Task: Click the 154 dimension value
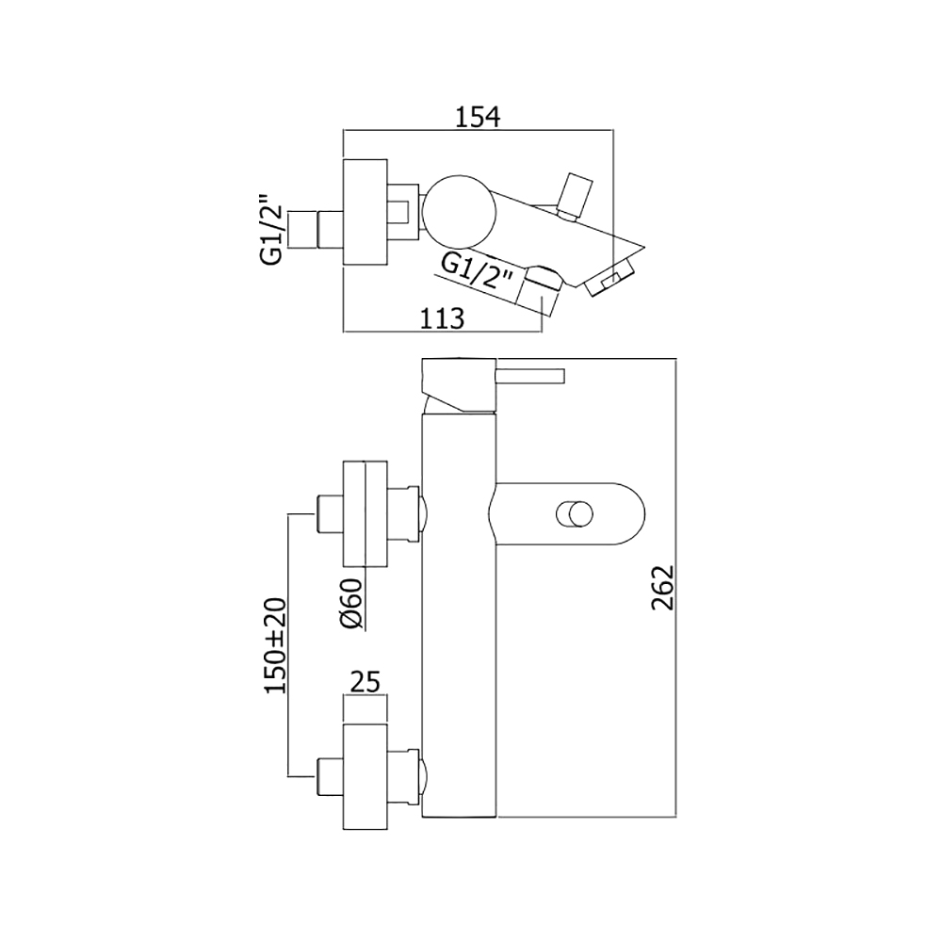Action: tap(478, 117)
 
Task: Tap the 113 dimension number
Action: tap(442, 318)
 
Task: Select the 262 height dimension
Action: tap(663, 587)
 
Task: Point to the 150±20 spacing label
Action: tap(277, 645)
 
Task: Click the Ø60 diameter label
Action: tap(352, 603)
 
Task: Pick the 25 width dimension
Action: tap(365, 682)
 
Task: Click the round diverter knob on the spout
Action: tap(575, 515)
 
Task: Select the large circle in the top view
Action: tap(459, 211)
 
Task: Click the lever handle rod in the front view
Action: tap(531, 376)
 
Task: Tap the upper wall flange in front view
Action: tap(365, 513)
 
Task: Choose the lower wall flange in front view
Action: tap(365, 777)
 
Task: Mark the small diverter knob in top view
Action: tap(575, 196)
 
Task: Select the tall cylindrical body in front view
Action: tap(460, 614)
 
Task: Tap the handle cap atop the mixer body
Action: tap(460, 385)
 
